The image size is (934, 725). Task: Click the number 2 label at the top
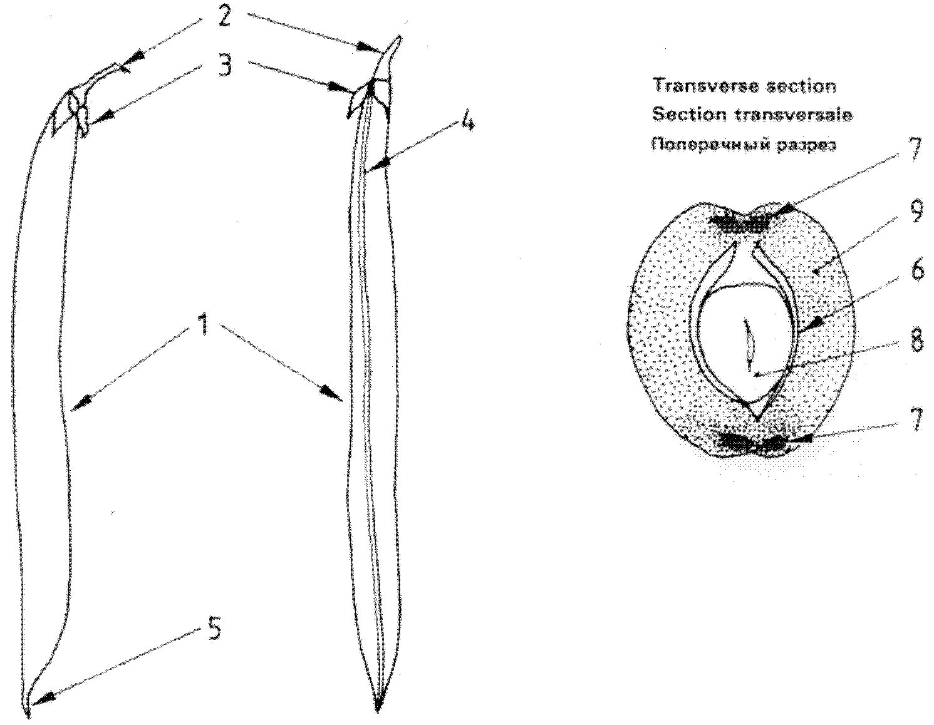[x=224, y=16]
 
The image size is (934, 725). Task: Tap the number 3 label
[x=224, y=65]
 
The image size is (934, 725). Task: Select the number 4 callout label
[x=466, y=121]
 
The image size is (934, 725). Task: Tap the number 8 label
[x=916, y=342]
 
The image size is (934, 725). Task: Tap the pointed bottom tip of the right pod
[x=377, y=709]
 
